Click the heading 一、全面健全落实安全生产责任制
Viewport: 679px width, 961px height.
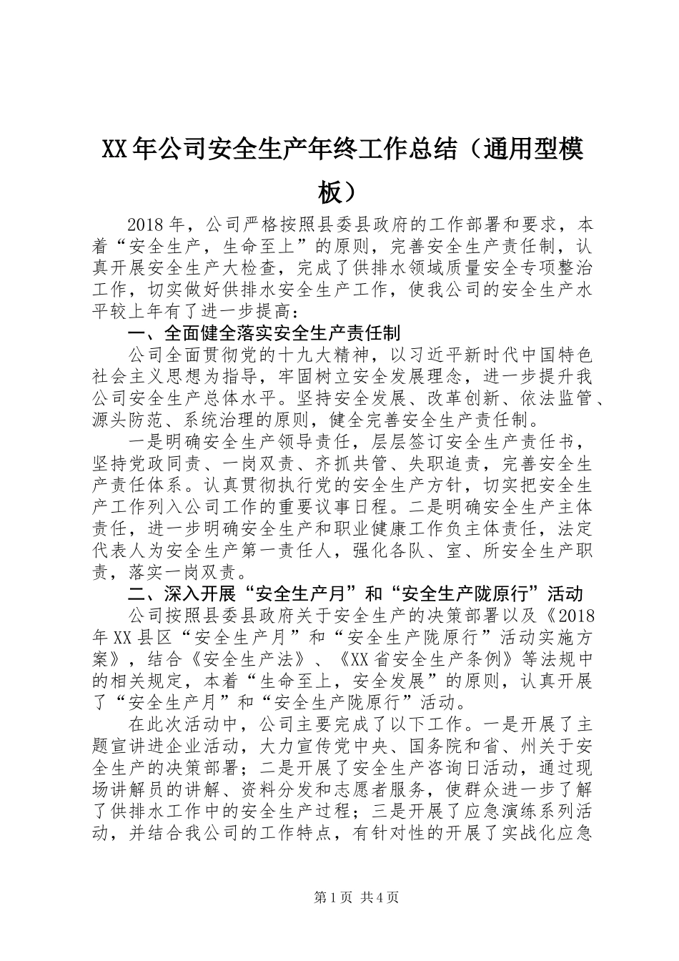click(x=263, y=333)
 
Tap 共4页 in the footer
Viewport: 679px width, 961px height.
click(x=380, y=898)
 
